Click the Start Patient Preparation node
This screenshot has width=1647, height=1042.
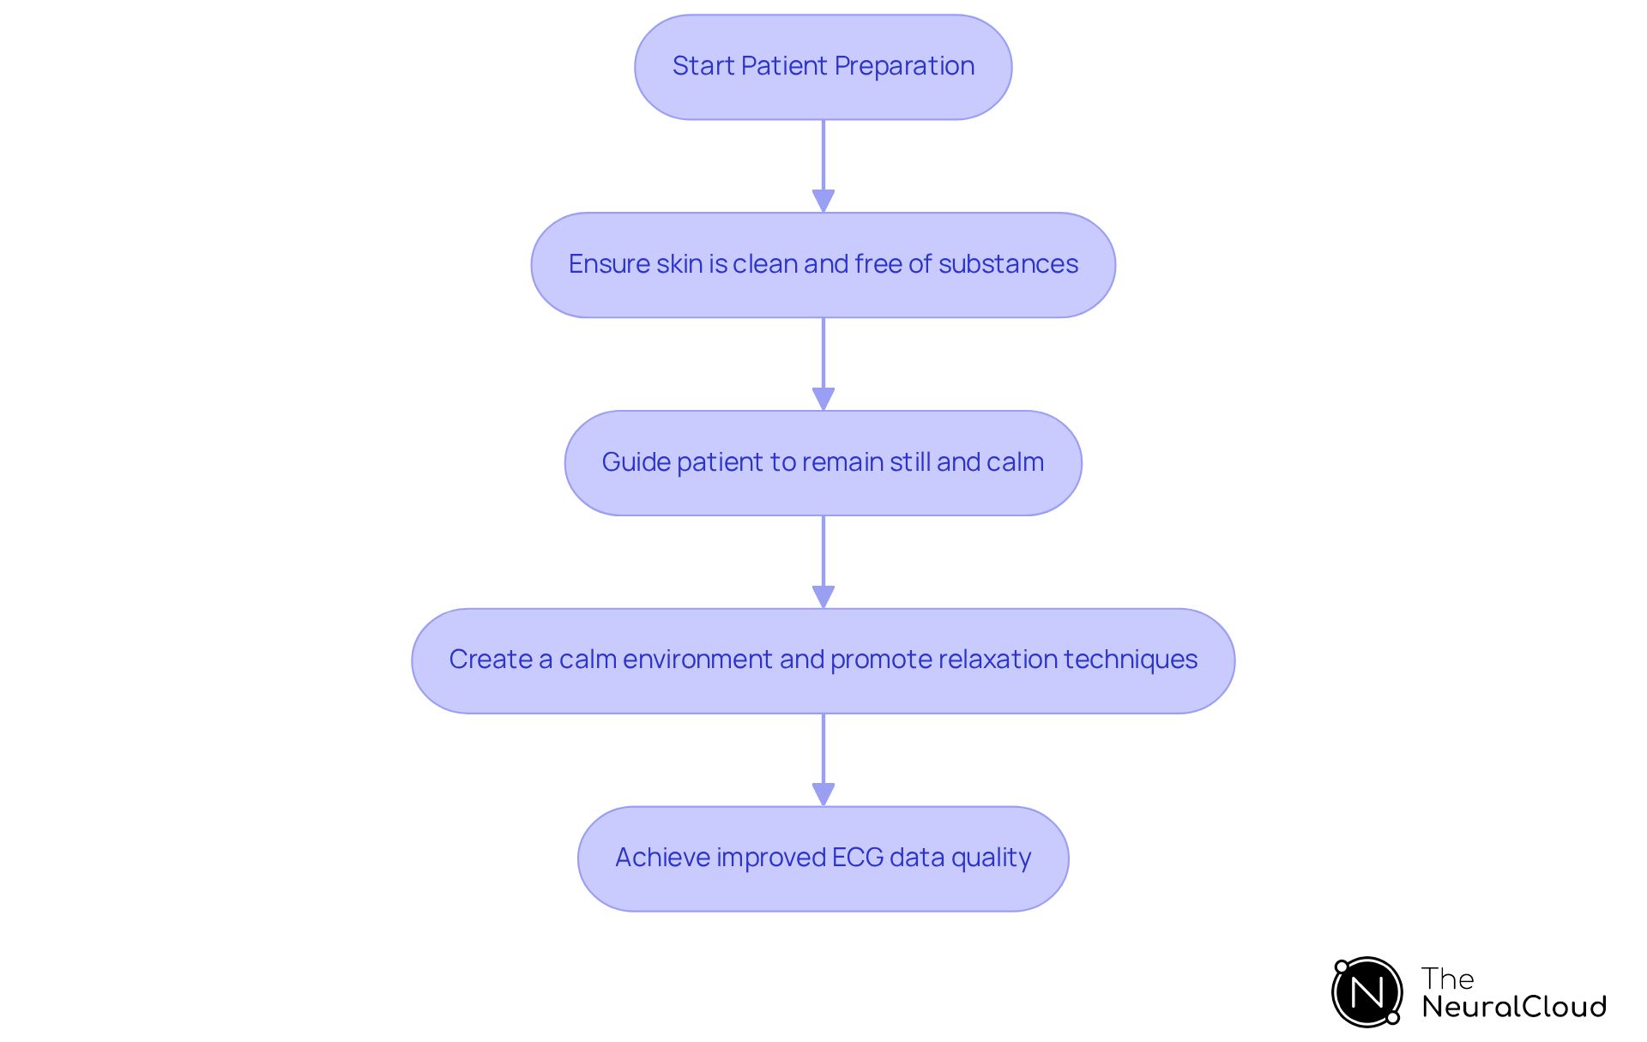[823, 67]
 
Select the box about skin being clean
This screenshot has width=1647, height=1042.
[823, 265]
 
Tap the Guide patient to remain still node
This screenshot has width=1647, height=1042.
[823, 463]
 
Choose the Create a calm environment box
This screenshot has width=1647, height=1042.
[823, 660]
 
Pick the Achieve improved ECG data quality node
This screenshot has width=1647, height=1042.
[823, 858]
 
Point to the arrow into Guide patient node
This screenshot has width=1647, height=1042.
[823, 364]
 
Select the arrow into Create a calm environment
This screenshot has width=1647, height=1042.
[823, 562]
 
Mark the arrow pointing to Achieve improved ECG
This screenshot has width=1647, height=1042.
[823, 760]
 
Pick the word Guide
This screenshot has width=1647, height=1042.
[636, 462]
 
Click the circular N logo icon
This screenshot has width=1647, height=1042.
[1366, 992]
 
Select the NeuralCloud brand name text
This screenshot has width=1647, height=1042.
[1514, 1007]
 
